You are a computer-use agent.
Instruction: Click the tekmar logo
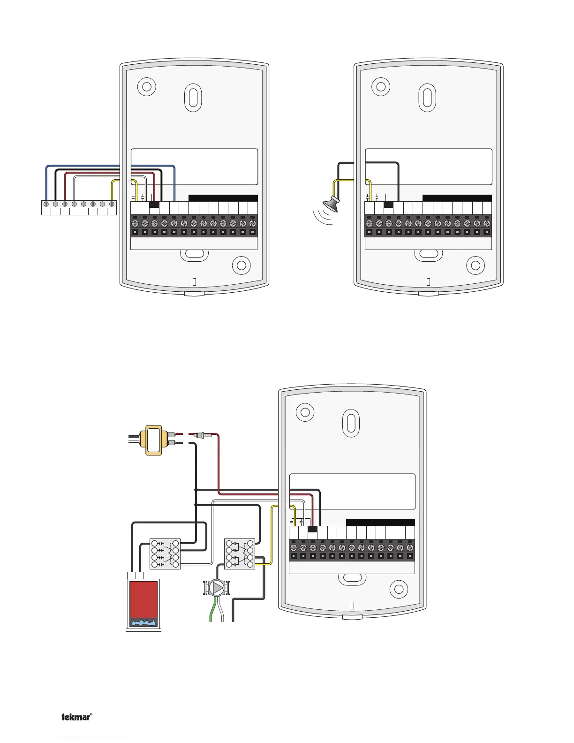coord(76,717)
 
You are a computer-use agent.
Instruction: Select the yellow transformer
coord(153,440)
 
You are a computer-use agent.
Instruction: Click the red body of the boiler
coord(143,599)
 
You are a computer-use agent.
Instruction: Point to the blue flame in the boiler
coord(143,622)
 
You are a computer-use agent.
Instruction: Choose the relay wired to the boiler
coord(165,554)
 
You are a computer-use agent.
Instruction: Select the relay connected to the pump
coord(240,554)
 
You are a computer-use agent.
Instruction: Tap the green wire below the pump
coord(212,610)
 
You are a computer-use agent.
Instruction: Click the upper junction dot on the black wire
coord(196,490)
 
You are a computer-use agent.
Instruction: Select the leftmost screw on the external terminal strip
coord(46,204)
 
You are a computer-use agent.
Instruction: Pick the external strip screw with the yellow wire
coord(112,204)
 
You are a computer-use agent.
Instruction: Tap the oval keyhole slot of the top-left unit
coord(193,98)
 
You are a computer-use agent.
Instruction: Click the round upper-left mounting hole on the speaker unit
coord(381,87)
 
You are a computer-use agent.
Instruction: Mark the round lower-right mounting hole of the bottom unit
coord(399,590)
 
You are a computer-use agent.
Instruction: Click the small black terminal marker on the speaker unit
coord(388,205)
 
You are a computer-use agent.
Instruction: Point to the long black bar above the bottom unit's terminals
coord(380,523)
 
